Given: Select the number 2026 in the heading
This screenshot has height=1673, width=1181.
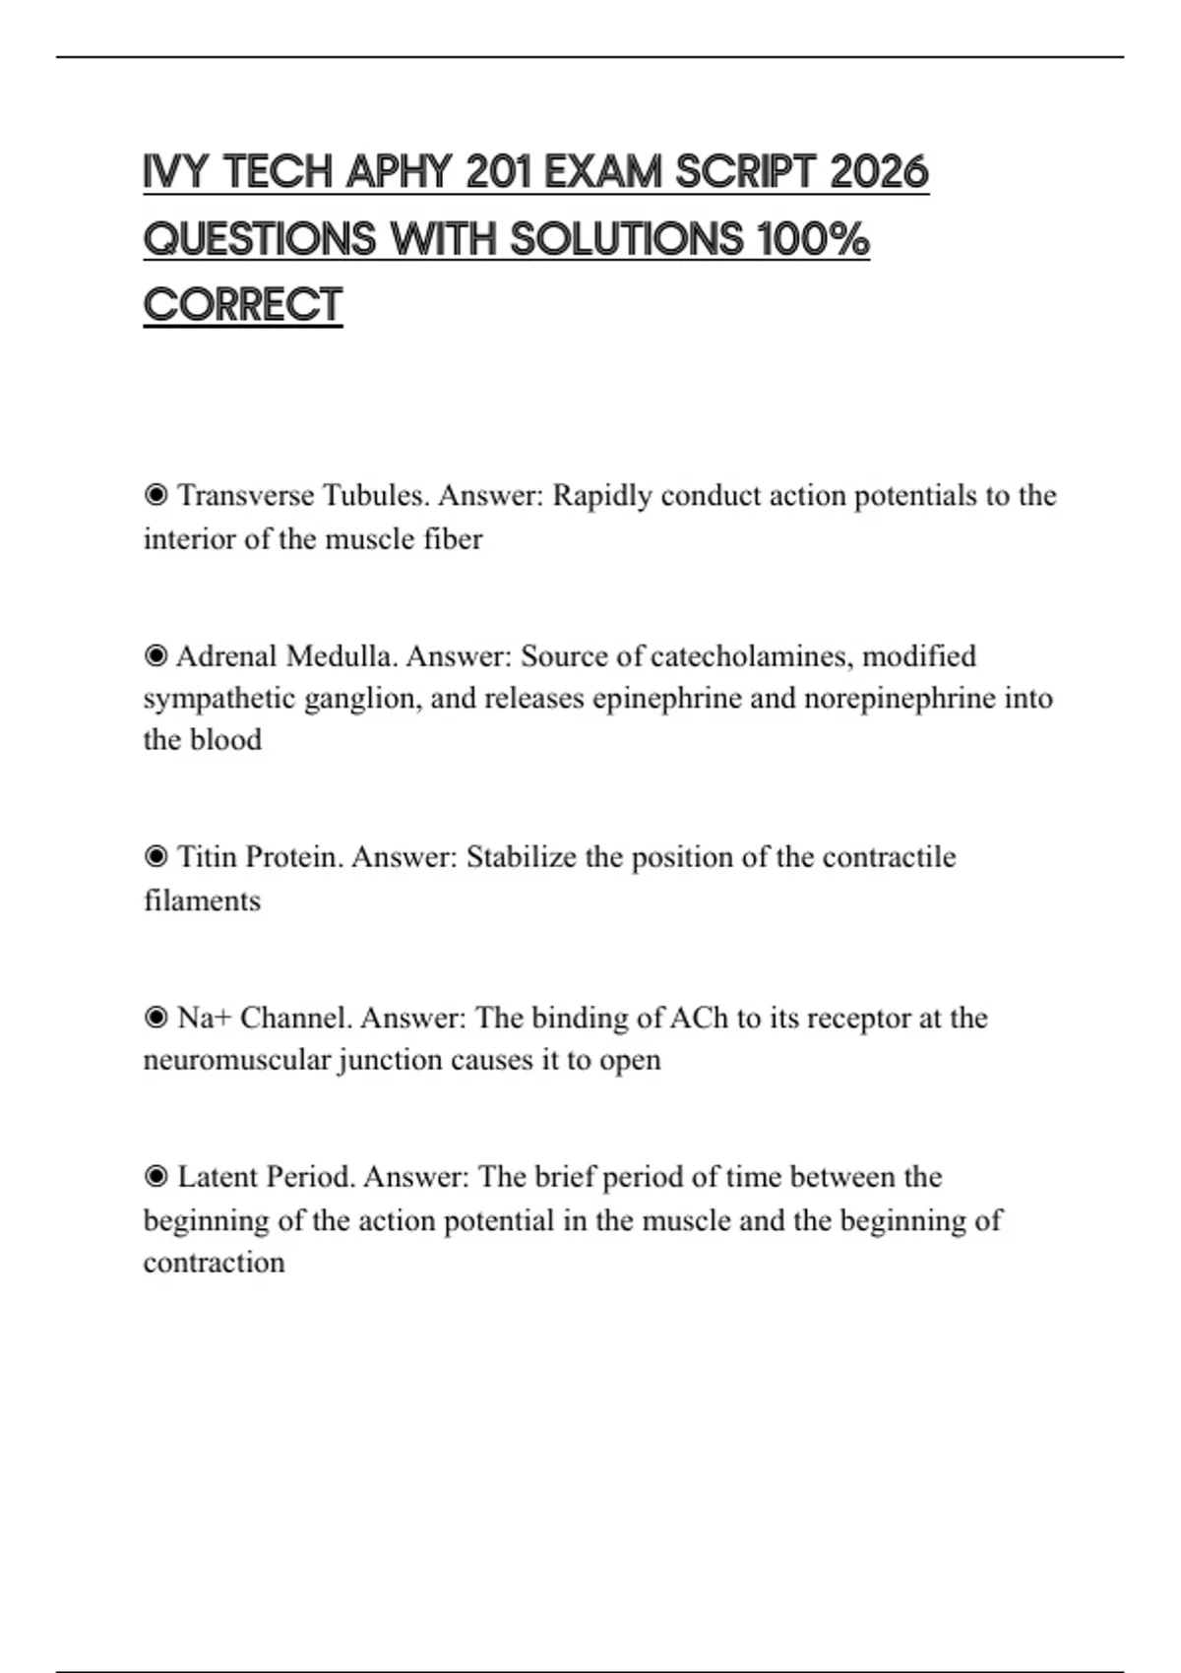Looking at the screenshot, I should coord(879,172).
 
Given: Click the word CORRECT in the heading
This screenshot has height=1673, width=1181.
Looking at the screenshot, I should coord(243,305).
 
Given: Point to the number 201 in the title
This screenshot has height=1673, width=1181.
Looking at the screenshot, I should coord(498,172).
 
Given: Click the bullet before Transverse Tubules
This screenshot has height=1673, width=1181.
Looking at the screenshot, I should coord(155,495).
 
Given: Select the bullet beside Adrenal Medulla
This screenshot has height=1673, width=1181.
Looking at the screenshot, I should coord(155,655).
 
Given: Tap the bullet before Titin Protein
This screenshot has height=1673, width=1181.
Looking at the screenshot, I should coord(155,857).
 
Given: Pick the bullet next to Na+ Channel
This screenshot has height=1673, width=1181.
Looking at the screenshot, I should coord(155,1018).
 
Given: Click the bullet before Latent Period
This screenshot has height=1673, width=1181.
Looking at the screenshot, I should coord(155,1177).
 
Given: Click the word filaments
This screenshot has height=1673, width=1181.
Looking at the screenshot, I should coord(202,900).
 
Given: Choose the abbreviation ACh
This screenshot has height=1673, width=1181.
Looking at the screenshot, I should coord(698,1018).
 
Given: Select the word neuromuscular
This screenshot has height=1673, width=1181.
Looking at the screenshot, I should coord(236,1060).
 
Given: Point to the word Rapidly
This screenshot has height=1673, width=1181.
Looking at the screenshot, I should coord(602,495).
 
